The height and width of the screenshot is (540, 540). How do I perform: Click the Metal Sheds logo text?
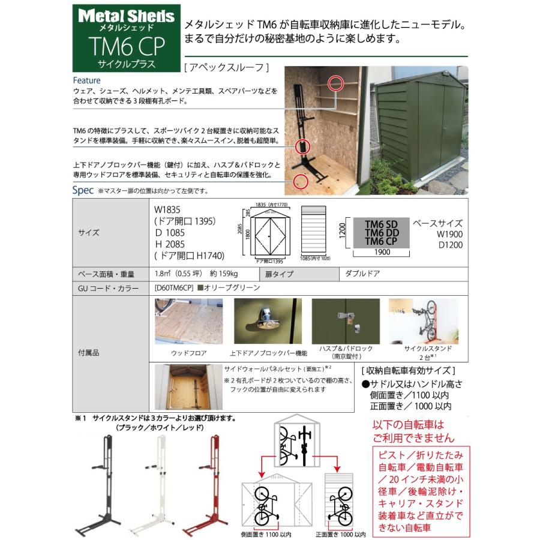pyautogui.click(x=127, y=16)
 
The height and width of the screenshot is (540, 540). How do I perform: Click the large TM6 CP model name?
pyautogui.click(x=127, y=46)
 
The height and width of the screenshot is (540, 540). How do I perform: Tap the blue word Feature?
pyautogui.click(x=86, y=80)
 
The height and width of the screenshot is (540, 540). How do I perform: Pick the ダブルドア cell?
pyautogui.click(x=363, y=272)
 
